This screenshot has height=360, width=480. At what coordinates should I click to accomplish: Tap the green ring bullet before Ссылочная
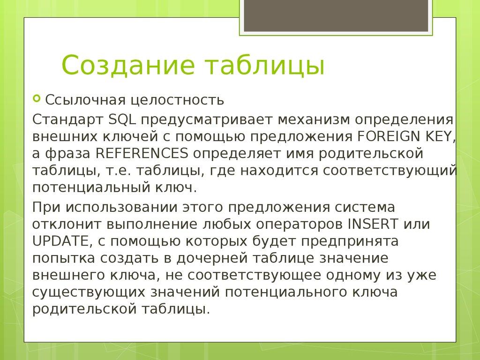click(37, 99)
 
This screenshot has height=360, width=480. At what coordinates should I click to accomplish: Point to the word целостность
click(177, 100)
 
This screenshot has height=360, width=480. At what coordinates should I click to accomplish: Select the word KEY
click(440, 136)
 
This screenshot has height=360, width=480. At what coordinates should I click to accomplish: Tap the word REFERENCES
click(142, 153)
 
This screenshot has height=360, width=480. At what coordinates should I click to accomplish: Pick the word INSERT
click(372, 224)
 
